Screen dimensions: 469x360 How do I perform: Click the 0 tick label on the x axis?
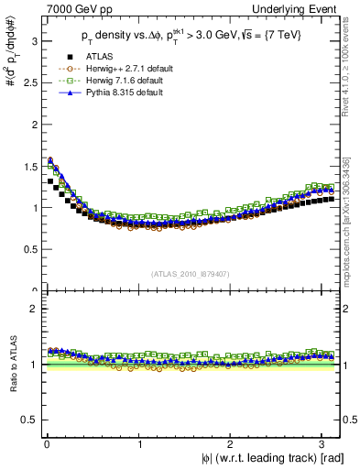coord(47,444)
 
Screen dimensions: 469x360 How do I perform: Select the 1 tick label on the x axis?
coord(139,444)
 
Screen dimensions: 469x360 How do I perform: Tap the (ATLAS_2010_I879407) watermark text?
coord(191,273)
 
